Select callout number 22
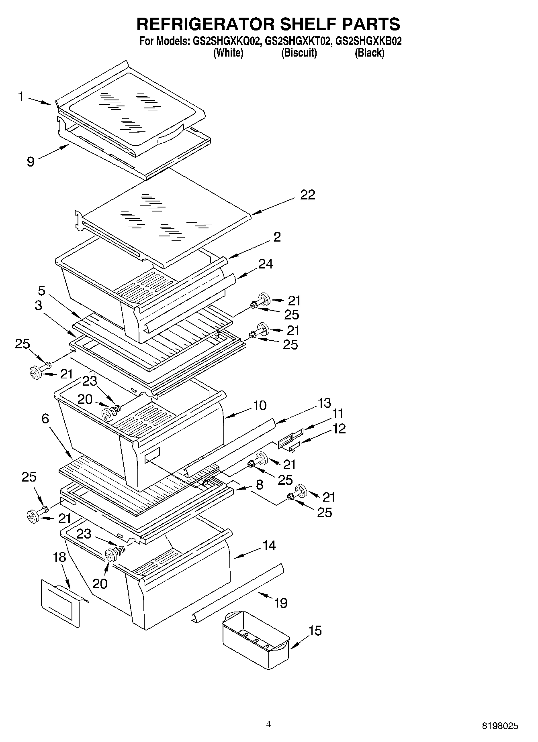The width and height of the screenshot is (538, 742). [308, 195]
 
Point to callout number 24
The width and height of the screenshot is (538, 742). [266, 264]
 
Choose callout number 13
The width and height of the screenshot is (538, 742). [324, 403]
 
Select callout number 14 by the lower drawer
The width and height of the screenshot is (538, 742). [269, 545]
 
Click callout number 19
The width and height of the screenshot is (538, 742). [280, 603]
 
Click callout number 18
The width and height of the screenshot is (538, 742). [59, 557]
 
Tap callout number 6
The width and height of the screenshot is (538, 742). [45, 419]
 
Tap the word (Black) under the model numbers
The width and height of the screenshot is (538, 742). [369, 53]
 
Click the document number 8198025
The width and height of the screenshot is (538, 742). [500, 726]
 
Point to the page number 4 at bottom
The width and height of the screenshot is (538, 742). [268, 724]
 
